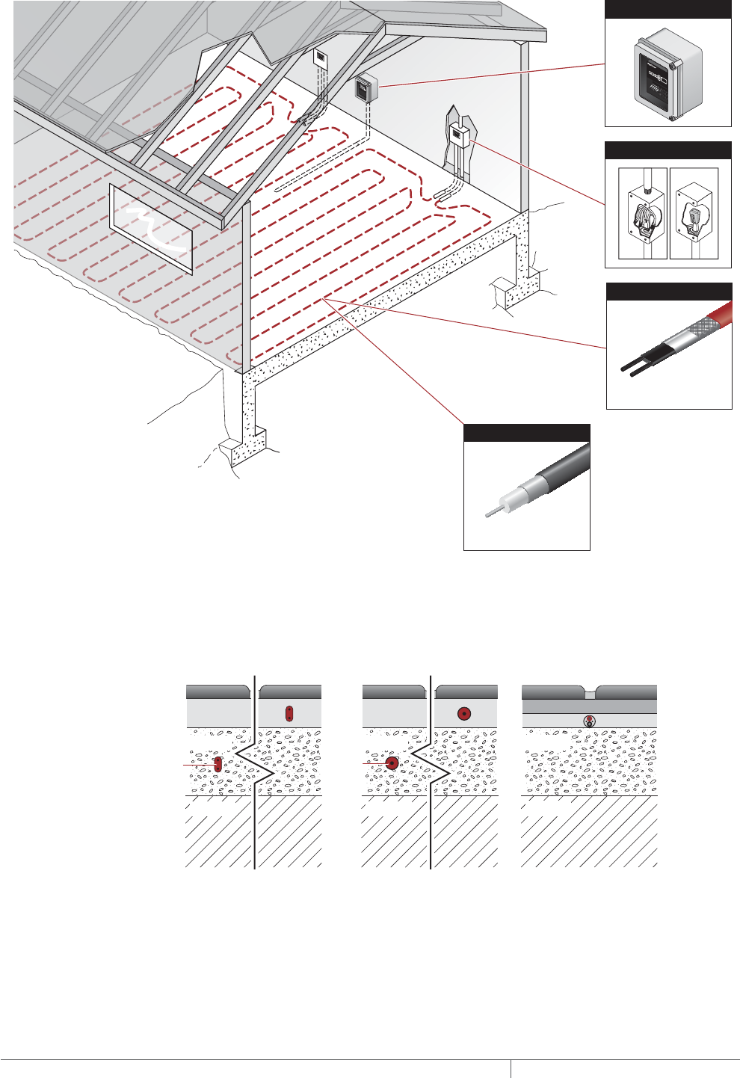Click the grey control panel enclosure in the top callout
pyautogui.click(x=667, y=75)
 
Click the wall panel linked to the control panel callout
pyautogui.click(x=366, y=88)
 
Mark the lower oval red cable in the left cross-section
pyautogui.click(x=218, y=764)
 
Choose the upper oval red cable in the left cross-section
pyautogui.click(x=289, y=713)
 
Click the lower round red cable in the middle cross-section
pyautogui.click(x=392, y=763)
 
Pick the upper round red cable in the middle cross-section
pyautogui.click(x=464, y=713)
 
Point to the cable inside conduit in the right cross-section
pyautogui.click(x=589, y=721)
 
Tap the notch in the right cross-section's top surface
pyautogui.click(x=589, y=694)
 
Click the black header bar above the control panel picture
pyautogui.click(x=667, y=9)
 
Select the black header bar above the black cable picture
pyautogui.click(x=527, y=433)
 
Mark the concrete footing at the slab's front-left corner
pyautogui.click(x=247, y=441)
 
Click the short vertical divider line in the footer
pyautogui.click(x=511, y=1068)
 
